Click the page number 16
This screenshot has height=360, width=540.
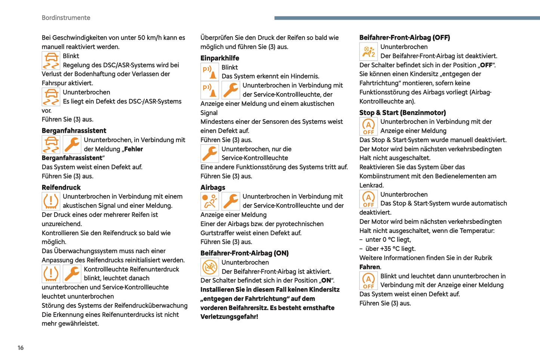(21, 348)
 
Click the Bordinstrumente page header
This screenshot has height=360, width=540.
(66, 18)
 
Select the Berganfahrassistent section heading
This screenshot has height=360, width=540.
(74, 130)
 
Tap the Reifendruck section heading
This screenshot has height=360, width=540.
(61, 187)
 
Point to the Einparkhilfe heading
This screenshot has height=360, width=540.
(220, 58)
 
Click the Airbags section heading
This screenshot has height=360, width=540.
(213, 187)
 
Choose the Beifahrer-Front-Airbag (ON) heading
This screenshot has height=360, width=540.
(244, 253)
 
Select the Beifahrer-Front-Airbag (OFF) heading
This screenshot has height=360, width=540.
(405, 37)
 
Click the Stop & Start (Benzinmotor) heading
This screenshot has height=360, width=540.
(402, 113)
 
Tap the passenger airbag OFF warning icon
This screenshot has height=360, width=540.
(368, 52)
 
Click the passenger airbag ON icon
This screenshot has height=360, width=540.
(210, 267)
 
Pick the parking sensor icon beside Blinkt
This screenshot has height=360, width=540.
(210, 72)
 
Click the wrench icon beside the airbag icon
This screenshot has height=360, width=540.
(231, 201)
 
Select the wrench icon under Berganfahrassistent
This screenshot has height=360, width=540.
(72, 144)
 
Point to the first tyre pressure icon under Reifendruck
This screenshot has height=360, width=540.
(51, 201)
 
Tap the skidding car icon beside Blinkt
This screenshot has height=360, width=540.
(51, 61)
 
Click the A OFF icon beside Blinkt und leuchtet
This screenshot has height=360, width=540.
(368, 281)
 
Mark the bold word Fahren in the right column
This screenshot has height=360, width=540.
(370, 267)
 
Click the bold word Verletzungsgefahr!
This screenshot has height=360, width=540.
(229, 317)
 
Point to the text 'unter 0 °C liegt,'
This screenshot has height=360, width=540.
(388, 240)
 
